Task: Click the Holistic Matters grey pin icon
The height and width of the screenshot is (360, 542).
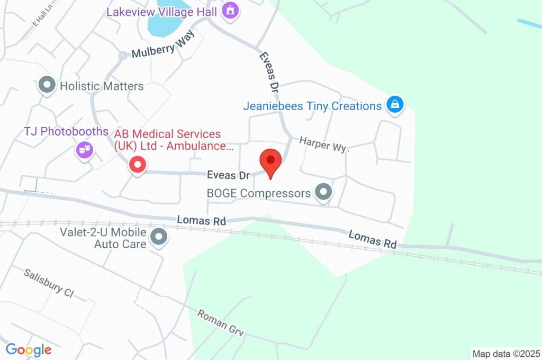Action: coord(48,85)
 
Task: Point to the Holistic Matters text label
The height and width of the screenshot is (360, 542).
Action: coord(101,86)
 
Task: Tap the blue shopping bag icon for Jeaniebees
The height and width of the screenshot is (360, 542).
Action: coord(394,105)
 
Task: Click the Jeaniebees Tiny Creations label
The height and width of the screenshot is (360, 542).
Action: coord(312,106)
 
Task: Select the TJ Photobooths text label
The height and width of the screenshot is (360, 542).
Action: coord(66,131)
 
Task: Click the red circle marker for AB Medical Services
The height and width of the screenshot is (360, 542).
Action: coord(138,165)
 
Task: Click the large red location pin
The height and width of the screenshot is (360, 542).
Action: coord(270,161)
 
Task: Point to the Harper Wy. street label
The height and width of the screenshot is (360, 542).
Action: coord(324,144)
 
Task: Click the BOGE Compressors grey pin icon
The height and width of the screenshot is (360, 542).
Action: coord(323,192)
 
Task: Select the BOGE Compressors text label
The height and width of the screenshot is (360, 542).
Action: coord(259,193)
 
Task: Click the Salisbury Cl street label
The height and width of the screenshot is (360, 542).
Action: coord(48,283)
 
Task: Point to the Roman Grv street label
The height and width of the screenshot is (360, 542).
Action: coord(220,322)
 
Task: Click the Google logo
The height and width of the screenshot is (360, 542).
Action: coord(29,350)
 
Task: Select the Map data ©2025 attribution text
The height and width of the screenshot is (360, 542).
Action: coord(506,354)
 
